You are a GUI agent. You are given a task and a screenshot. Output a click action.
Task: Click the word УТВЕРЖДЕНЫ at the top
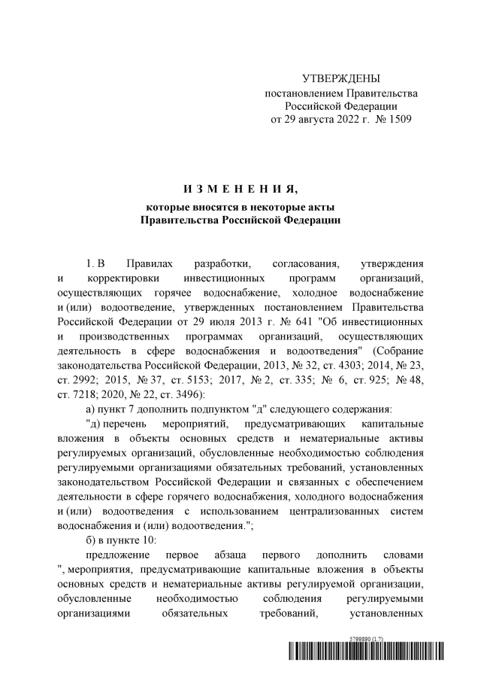click(x=341, y=78)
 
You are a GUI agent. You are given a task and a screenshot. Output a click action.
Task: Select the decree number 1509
click(x=398, y=119)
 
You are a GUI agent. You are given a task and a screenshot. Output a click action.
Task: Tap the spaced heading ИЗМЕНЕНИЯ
click(x=240, y=187)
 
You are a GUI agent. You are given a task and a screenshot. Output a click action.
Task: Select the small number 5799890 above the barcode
click(x=365, y=638)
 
